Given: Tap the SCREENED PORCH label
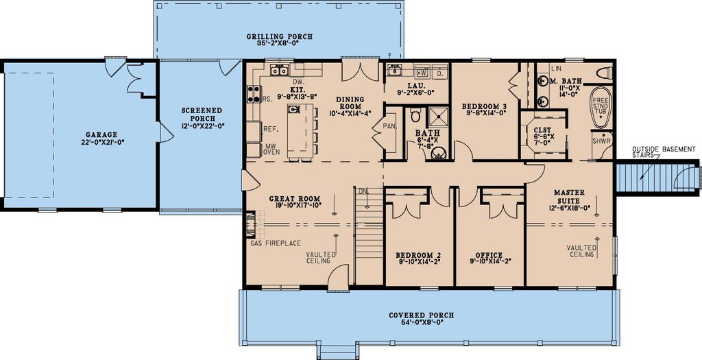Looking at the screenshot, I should (202, 114).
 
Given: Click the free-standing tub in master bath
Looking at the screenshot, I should (601, 107).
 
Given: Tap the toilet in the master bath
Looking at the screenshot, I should (604, 73).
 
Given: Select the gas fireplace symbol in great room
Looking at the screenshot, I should (252, 224).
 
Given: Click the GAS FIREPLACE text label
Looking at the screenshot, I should (271, 242).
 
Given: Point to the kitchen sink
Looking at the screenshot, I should (278, 69).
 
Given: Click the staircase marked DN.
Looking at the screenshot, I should (369, 233).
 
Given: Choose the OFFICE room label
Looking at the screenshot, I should (489, 255).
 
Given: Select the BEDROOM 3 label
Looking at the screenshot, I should (485, 106).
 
